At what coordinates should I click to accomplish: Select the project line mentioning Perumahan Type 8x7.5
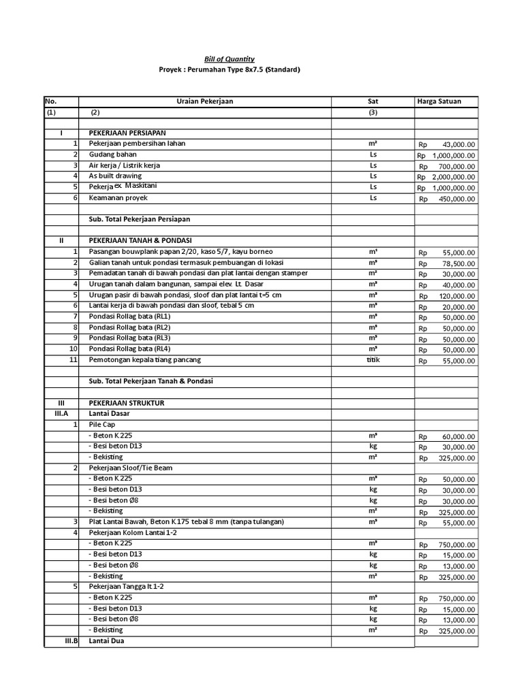pyautogui.click(x=228, y=70)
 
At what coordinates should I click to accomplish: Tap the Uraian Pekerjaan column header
pyautogui.click(x=204, y=101)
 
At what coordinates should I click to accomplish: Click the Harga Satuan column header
pyautogui.click(x=439, y=101)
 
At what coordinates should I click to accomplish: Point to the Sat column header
pyautogui.click(x=373, y=101)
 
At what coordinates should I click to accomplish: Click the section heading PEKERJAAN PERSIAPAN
pyautogui.click(x=127, y=133)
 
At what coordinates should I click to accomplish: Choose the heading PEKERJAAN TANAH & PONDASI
pyautogui.click(x=140, y=241)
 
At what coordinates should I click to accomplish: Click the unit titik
pyautogui.click(x=373, y=359)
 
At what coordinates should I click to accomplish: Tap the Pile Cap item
pyautogui.click(x=102, y=425)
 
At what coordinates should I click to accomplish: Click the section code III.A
pyautogui.click(x=61, y=414)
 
